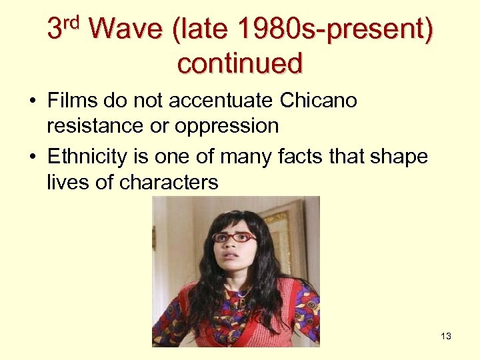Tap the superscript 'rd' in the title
tap(72, 23)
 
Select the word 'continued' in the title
tap(240, 63)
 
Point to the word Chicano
tap(319, 101)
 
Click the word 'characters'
tap(169, 181)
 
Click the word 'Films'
tap(72, 101)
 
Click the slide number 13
tap(446, 336)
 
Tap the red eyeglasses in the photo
tap(233, 237)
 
